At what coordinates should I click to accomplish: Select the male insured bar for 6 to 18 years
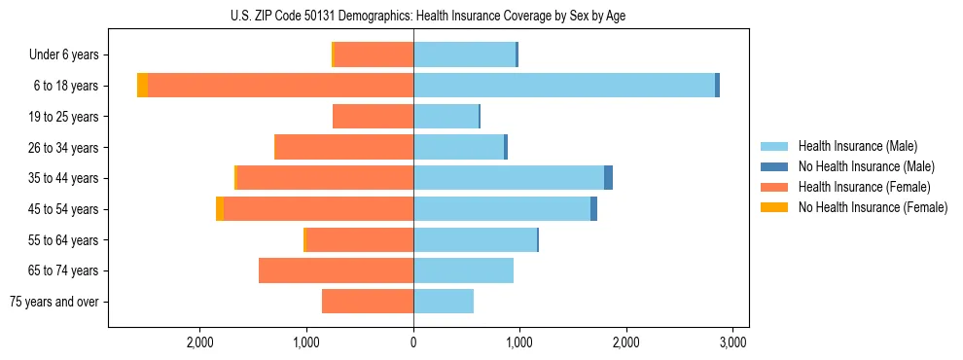[x=564, y=86]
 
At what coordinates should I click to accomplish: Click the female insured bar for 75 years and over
[x=368, y=302]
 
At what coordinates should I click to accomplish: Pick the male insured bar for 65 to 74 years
[x=463, y=270]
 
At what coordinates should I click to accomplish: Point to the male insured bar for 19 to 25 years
[x=446, y=117]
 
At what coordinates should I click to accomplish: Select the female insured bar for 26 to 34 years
[x=344, y=147]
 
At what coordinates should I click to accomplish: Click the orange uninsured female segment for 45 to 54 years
[x=220, y=209]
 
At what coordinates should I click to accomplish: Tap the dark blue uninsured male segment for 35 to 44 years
[x=608, y=178]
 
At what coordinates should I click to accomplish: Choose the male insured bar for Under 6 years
[x=464, y=54]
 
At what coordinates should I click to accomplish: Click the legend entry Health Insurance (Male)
[x=857, y=146]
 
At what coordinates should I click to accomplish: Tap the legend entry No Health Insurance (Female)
[x=873, y=207]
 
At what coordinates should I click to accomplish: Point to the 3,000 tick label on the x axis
[x=732, y=342]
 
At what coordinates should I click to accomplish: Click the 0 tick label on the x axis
[x=413, y=342]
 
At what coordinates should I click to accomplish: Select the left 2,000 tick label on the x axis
[x=199, y=342]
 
